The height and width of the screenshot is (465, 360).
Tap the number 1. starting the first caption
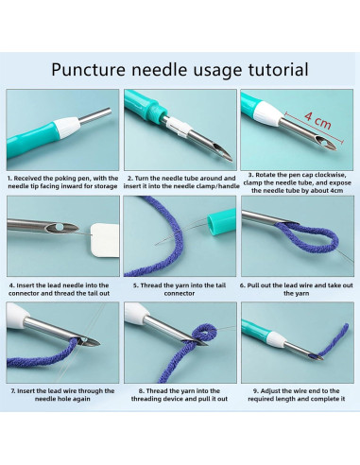coord(10,177)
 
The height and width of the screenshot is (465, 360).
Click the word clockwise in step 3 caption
coord(334,177)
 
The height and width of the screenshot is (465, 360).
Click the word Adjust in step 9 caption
coord(263,389)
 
